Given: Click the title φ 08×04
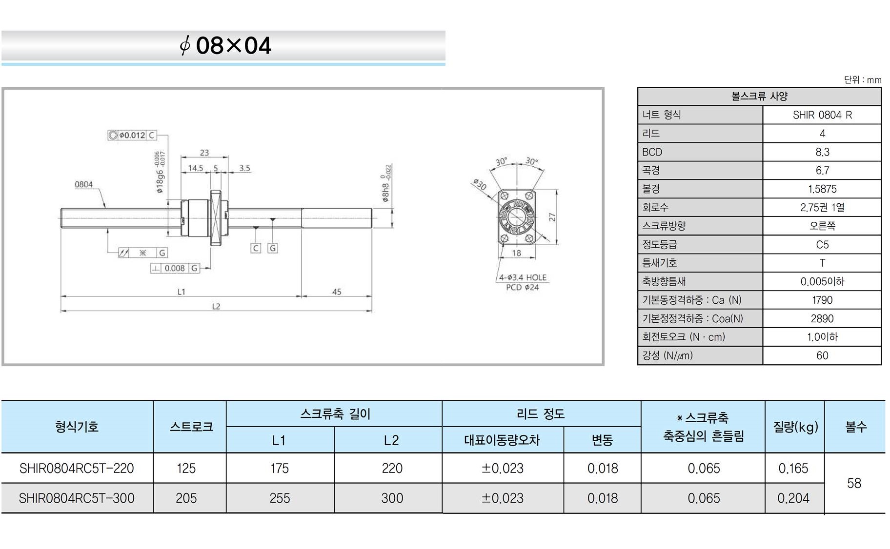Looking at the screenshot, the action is pyautogui.click(x=225, y=46).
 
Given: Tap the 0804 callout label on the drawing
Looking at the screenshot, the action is pyautogui.click(x=83, y=184).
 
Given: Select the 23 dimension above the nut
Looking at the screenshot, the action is pyautogui.click(x=204, y=153).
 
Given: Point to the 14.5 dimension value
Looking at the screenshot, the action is pyautogui.click(x=196, y=168).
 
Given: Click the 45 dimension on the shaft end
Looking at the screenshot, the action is pyautogui.click(x=337, y=292).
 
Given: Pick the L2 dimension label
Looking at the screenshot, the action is pyautogui.click(x=216, y=306).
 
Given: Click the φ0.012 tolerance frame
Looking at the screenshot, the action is pyautogui.click(x=132, y=135).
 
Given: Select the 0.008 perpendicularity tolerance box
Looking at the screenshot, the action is pyautogui.click(x=175, y=268).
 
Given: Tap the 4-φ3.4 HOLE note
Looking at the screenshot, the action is pyautogui.click(x=523, y=277).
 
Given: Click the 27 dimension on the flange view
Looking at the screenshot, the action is pyautogui.click(x=552, y=217).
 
